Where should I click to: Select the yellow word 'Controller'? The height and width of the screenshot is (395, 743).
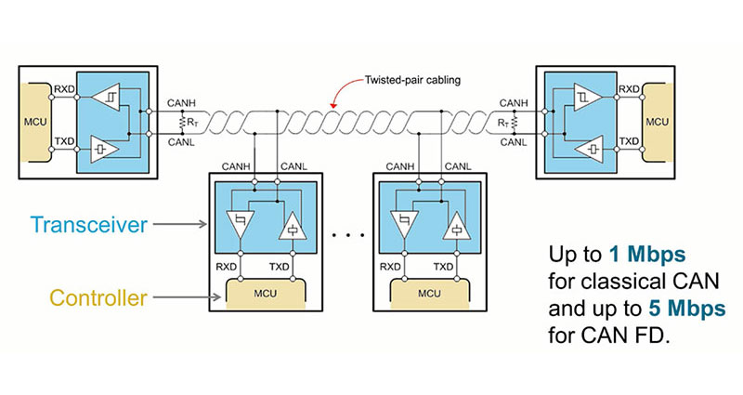pos(98,298)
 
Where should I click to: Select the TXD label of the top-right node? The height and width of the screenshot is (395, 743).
pos(630,141)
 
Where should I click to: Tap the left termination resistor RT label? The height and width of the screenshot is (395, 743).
pos(192,121)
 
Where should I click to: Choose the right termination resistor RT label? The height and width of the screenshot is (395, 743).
pos(502,121)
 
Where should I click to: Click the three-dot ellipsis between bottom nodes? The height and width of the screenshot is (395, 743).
pos(349,235)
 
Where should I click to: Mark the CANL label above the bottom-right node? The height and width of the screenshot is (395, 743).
pos(459,166)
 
